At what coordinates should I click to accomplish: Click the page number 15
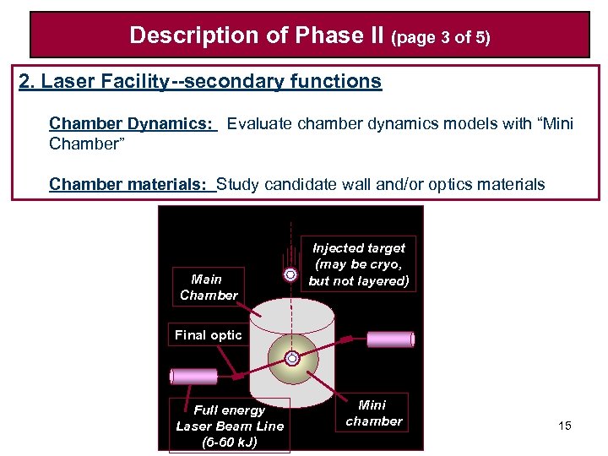click(x=565, y=426)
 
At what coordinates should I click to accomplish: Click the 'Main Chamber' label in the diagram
click(x=208, y=287)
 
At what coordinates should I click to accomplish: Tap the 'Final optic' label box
click(x=208, y=335)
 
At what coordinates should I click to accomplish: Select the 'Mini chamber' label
click(x=374, y=413)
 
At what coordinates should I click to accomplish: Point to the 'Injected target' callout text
click(x=359, y=264)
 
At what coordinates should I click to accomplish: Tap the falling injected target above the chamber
click(x=291, y=274)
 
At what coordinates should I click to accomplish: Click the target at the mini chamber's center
click(x=292, y=359)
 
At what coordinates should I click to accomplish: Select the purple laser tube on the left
click(x=193, y=376)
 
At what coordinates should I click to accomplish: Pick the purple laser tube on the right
click(x=389, y=339)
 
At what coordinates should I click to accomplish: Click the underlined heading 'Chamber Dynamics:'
click(x=132, y=124)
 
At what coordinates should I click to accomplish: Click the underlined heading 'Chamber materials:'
click(x=132, y=184)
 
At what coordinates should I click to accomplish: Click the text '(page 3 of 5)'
click(x=442, y=38)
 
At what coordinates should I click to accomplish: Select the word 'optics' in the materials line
click(x=445, y=184)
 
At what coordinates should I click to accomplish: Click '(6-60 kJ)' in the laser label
click(x=230, y=442)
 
